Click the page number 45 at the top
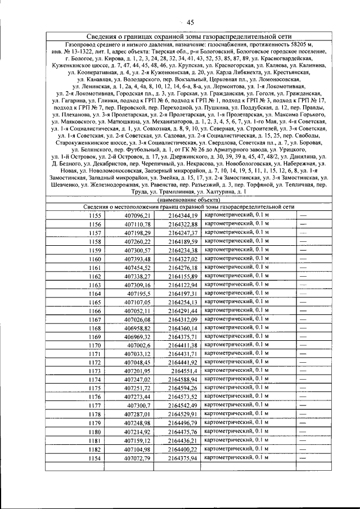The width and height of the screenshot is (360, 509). click(x=191, y=22)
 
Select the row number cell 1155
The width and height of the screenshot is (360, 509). click(x=94, y=215)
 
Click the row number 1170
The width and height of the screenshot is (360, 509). click(x=94, y=345)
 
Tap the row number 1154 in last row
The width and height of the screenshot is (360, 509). click(x=94, y=458)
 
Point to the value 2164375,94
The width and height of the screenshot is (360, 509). click(x=183, y=458)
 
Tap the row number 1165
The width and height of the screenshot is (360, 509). click(x=94, y=302)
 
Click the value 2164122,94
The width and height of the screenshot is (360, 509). click(x=183, y=285)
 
